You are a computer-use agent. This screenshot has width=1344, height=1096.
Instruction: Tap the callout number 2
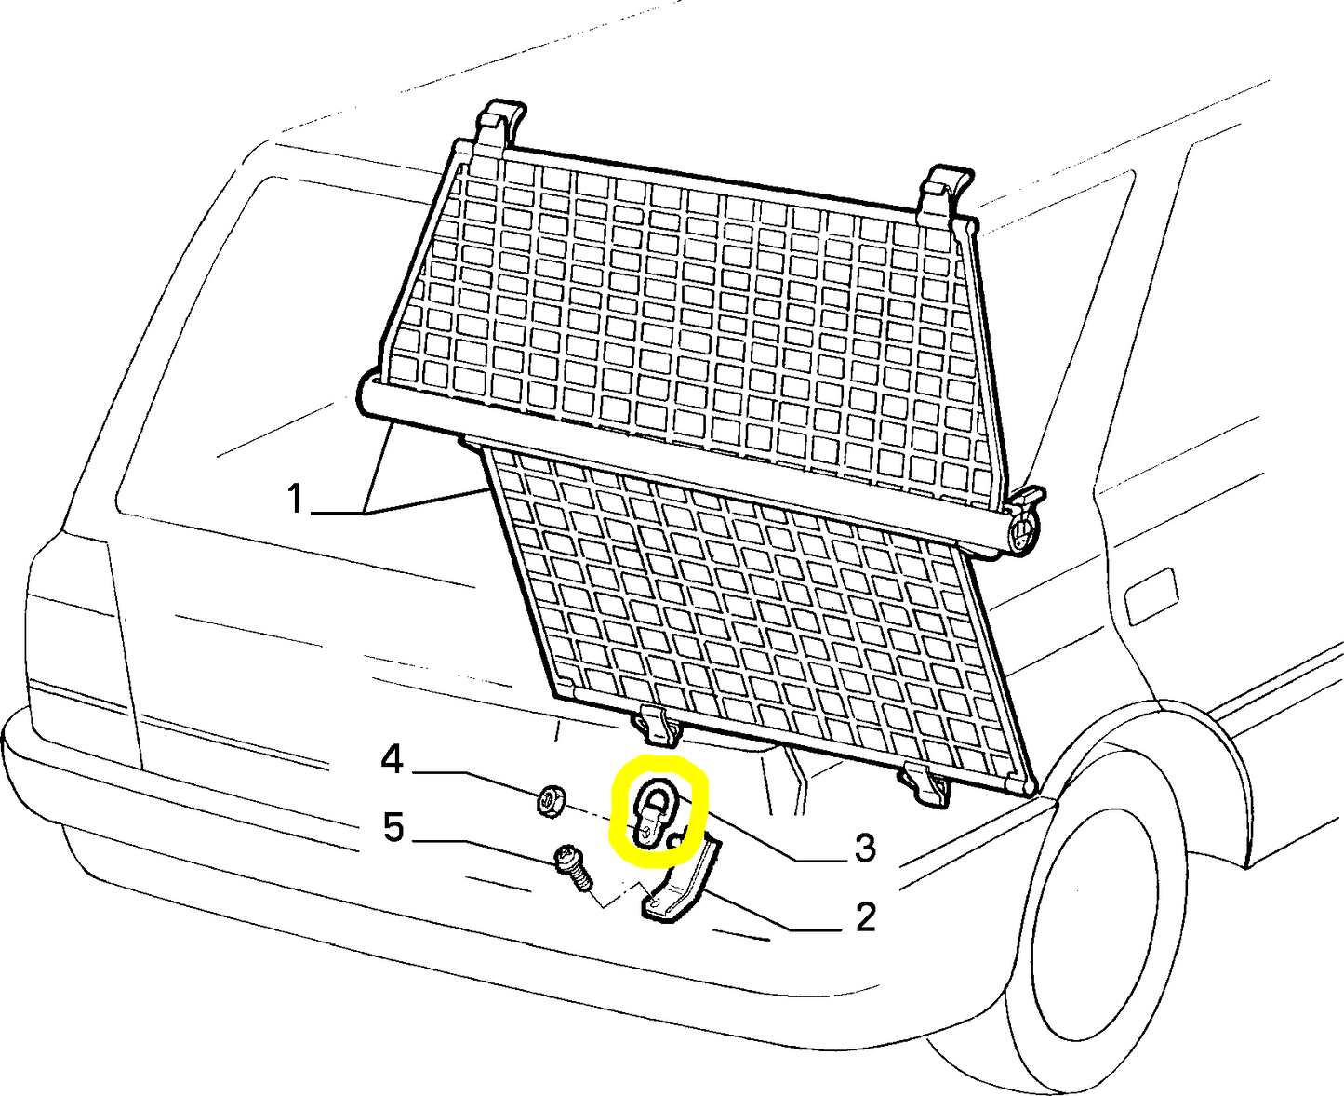[865, 917]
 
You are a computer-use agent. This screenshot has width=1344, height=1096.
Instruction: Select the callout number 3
[865, 848]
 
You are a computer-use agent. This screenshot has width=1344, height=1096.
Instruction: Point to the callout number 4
[392, 760]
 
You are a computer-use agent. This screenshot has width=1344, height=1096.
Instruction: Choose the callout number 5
[393, 827]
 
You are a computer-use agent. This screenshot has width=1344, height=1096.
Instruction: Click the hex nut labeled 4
[550, 798]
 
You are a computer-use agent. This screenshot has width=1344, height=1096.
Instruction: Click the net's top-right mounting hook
[944, 193]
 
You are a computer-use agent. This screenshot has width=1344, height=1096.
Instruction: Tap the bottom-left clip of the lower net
[657, 726]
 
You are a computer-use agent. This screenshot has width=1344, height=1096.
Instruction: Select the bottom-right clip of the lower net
[925, 783]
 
